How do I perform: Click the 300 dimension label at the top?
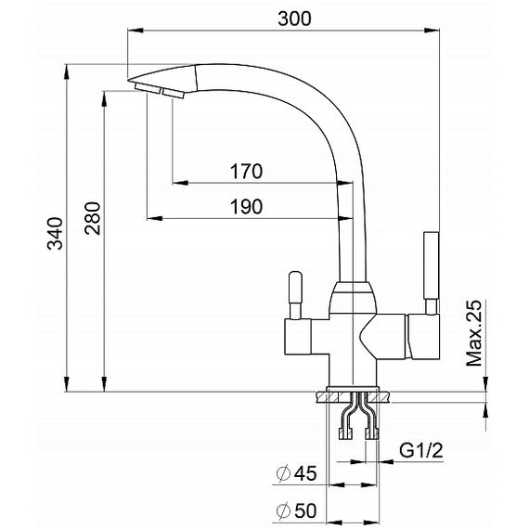[x=294, y=19]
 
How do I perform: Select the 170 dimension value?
[x=246, y=172]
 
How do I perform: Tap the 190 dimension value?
[x=246, y=206]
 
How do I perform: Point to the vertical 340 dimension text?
[x=55, y=234]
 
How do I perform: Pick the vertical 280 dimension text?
[x=93, y=218]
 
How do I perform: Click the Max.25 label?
[x=474, y=333]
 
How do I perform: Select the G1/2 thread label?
[x=421, y=450]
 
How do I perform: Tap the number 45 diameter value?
[x=305, y=473]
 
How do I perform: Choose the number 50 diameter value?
[x=305, y=510]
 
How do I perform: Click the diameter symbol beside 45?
[x=283, y=473]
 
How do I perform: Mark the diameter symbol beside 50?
[x=283, y=510]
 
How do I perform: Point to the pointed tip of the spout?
[x=129, y=81]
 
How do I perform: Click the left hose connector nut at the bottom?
[x=346, y=433]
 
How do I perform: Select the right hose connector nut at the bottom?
[x=372, y=433]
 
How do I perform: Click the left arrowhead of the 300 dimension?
[x=135, y=31]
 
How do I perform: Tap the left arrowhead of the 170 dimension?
[x=180, y=183]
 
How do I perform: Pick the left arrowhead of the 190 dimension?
[x=154, y=219]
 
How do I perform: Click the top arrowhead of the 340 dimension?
[x=67, y=71]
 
